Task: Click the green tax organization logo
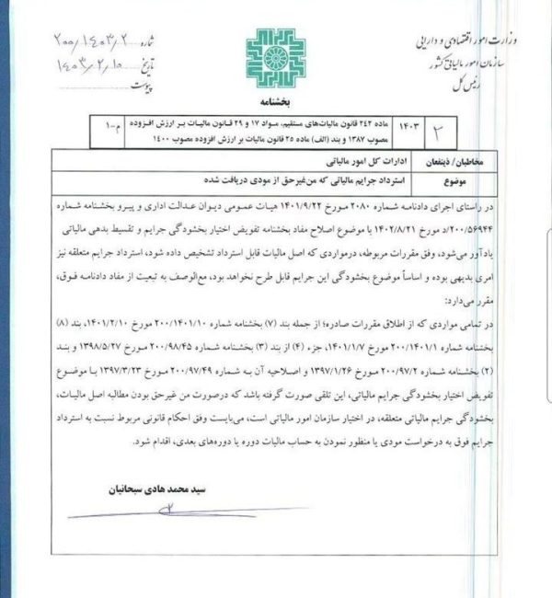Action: point(275,60)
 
